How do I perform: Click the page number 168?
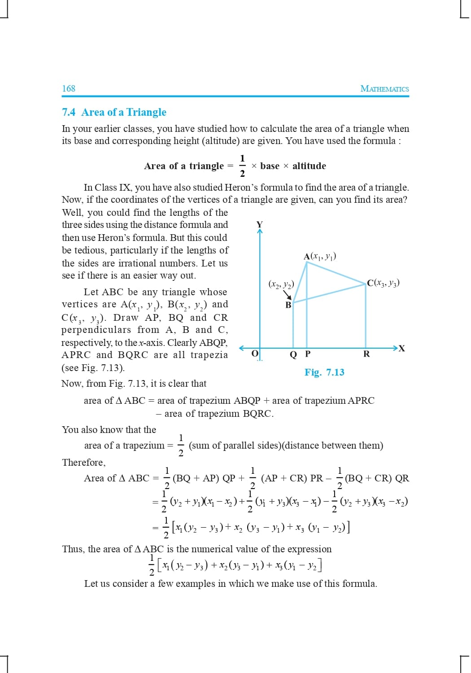point(69,88)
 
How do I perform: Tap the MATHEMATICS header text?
point(384,88)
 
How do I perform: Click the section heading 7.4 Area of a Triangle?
point(114,112)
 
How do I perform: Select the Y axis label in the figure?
point(259,224)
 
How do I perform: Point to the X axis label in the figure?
point(401,349)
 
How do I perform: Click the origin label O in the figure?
point(254,354)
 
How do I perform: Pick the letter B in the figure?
point(288,305)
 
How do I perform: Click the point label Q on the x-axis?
point(293,354)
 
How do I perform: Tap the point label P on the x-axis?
point(308,354)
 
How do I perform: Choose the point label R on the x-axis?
point(366,354)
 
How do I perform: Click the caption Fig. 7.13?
point(324,372)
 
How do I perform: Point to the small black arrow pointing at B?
point(287,295)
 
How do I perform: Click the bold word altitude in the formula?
point(309,166)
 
